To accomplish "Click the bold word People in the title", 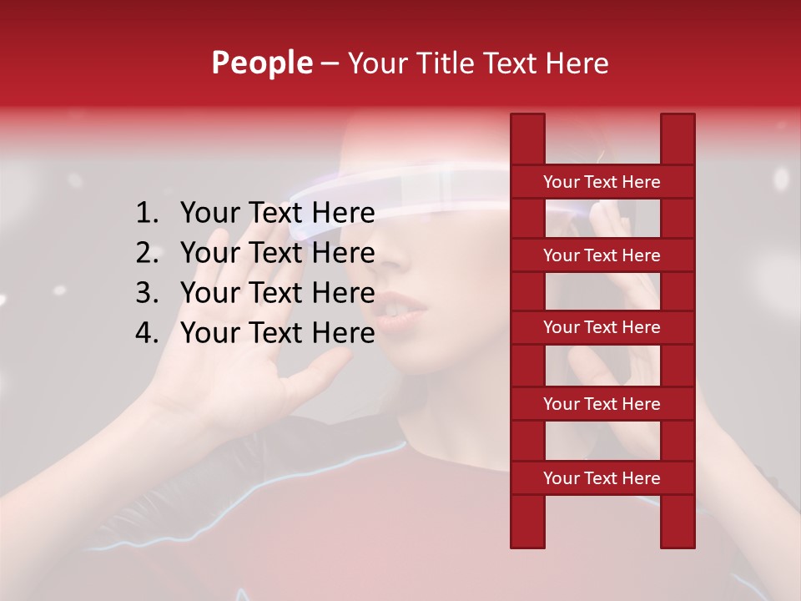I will (261, 63).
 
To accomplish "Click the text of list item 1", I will (277, 214).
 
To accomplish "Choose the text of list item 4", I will (277, 333).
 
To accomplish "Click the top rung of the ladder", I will (602, 182).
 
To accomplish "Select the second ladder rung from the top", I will (602, 255).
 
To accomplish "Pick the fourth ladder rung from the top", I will (602, 404).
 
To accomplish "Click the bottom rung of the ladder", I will (602, 478).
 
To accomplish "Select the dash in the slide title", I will (329, 63).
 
